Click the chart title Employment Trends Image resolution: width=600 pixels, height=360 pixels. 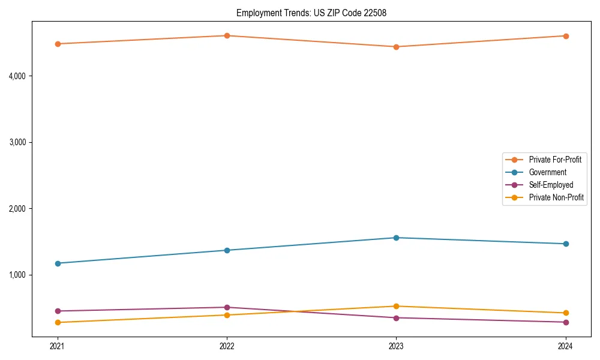307,13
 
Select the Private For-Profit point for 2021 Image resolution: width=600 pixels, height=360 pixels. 58,44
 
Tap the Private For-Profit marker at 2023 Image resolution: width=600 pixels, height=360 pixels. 396,47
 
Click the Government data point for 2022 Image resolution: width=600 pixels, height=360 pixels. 227,250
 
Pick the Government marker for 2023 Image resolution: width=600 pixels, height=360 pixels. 396,238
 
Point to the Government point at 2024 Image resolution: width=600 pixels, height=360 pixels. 566,244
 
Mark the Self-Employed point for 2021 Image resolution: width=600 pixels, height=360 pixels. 58,311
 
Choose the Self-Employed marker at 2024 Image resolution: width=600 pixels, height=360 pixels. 566,322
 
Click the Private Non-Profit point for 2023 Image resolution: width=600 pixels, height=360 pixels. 396,306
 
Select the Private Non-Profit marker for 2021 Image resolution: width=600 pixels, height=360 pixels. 58,322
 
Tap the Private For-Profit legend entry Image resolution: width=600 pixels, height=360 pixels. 555,160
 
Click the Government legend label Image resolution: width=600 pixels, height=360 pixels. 547,172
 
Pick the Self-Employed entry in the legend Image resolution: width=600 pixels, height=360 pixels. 551,185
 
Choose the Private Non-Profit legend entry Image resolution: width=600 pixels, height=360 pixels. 556,197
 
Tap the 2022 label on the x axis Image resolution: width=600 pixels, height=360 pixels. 227,346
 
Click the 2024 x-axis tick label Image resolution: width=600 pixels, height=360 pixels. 566,346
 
